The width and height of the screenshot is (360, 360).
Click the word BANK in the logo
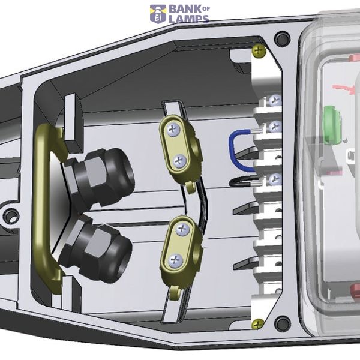tap(185, 10)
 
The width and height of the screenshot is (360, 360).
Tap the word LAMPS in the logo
tap(189, 19)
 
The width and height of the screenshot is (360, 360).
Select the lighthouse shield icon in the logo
tap(158, 14)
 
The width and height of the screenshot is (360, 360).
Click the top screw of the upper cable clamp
tap(173, 130)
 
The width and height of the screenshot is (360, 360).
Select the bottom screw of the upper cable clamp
tap(179, 161)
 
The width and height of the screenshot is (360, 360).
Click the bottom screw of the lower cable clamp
tap(176, 260)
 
